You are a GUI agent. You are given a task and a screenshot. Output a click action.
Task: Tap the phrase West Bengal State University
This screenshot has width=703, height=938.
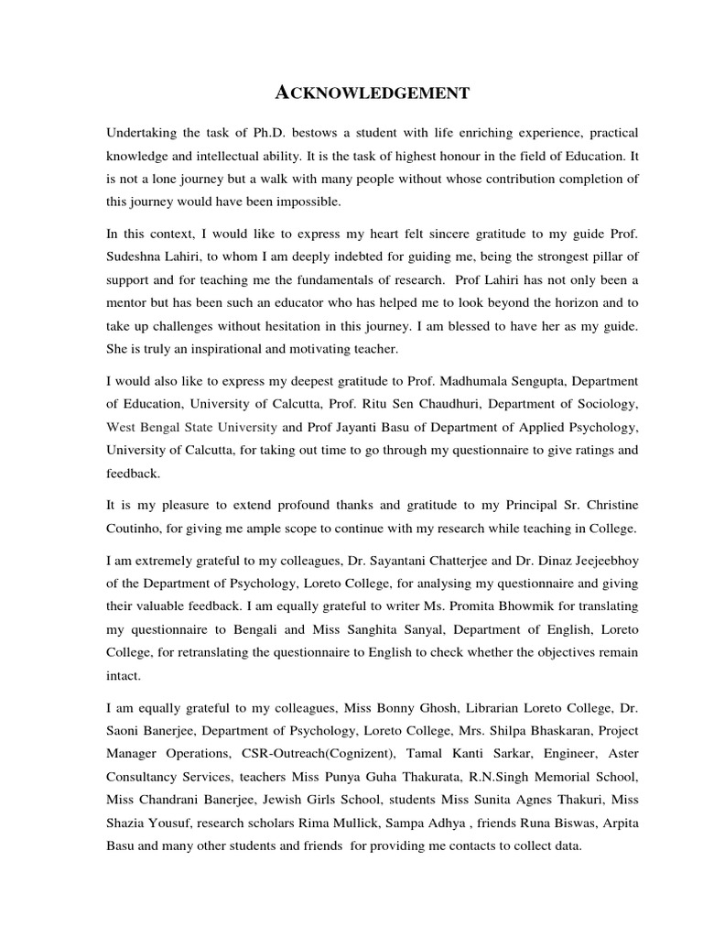tap(192, 427)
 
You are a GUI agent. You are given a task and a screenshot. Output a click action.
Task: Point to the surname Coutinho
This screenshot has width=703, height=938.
tap(135, 529)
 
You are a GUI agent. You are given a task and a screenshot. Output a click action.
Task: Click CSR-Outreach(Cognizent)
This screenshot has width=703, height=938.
tap(300, 753)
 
